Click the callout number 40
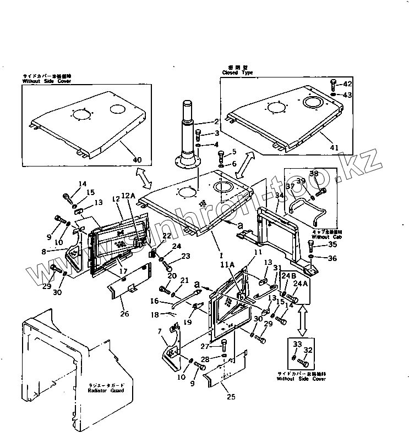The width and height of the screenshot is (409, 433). pyautogui.click(x=137, y=160)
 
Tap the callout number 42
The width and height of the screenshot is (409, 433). pyautogui.click(x=347, y=84)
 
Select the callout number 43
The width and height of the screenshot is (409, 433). pyautogui.click(x=347, y=95)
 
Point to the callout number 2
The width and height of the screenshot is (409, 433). pyautogui.click(x=216, y=121)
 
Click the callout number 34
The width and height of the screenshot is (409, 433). pyautogui.click(x=280, y=196)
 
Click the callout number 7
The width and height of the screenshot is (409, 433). pyautogui.click(x=160, y=331)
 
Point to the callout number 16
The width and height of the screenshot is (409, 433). pyautogui.click(x=155, y=301)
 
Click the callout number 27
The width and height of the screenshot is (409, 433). pyautogui.click(x=204, y=347)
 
